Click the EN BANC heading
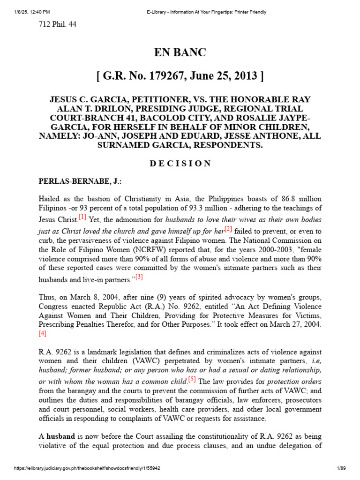[x=180, y=52]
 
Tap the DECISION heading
[x=180, y=164]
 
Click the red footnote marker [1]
[x=82, y=217]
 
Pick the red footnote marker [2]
[x=228, y=229]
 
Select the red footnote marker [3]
[x=139, y=277]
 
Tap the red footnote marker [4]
[x=43, y=334]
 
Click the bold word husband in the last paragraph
[x=60, y=436]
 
